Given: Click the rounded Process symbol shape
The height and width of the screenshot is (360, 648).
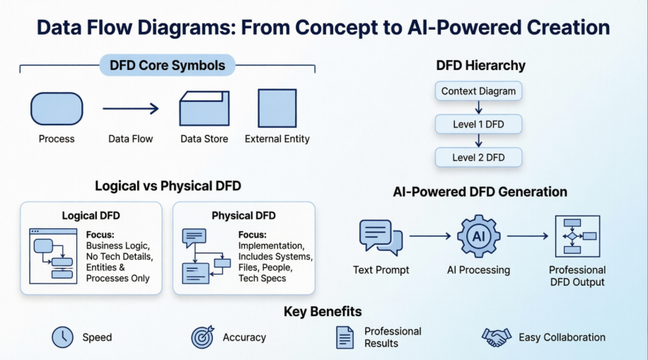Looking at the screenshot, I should (x=57, y=109).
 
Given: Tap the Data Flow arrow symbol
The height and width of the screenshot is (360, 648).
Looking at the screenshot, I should (x=130, y=109).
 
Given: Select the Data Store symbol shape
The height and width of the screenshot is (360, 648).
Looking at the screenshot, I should (x=204, y=108).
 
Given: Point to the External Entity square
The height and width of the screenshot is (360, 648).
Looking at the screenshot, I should (x=277, y=108).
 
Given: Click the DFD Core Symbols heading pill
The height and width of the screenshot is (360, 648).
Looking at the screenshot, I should (x=168, y=66).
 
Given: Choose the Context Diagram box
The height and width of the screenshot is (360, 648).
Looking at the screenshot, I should (x=478, y=91).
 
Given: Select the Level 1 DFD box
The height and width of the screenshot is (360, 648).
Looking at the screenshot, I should (x=478, y=125).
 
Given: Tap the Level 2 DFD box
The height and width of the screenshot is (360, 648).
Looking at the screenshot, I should (x=478, y=158).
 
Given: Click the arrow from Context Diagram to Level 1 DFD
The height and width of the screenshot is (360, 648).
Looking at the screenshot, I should (x=479, y=108).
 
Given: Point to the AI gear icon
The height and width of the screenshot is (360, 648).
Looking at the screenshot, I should (x=479, y=236).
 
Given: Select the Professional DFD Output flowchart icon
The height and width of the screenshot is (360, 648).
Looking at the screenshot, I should (x=577, y=236).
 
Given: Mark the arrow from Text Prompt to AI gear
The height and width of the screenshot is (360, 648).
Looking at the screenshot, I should (x=430, y=236).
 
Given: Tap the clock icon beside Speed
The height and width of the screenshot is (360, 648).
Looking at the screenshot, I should (x=63, y=337).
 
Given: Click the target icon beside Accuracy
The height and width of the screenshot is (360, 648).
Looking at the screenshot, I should (x=202, y=337).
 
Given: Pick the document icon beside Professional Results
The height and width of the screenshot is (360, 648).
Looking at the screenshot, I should (x=345, y=337).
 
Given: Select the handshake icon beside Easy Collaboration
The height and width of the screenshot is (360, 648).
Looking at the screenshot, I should (x=496, y=337).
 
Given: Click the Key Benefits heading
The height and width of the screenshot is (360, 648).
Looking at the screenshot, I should (x=323, y=311).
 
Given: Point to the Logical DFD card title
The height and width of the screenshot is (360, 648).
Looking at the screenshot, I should (x=90, y=216).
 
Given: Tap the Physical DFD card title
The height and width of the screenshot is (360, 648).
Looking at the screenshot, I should (x=243, y=216).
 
